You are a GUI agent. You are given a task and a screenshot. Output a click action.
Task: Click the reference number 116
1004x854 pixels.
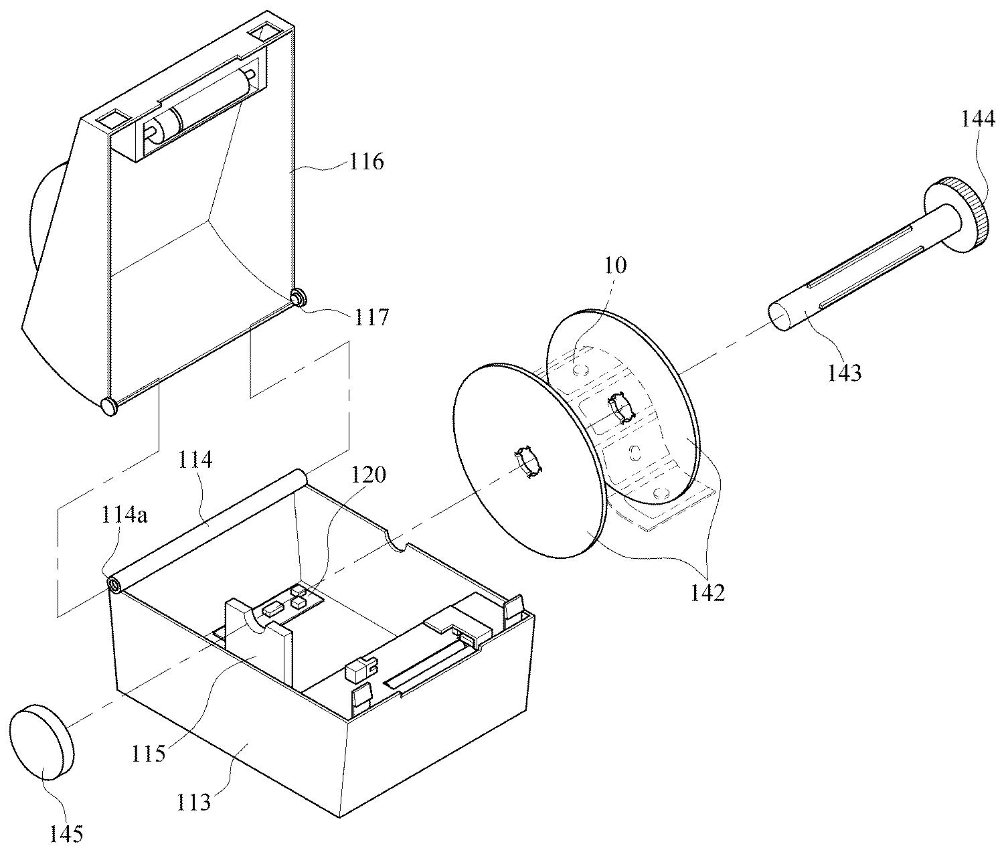[x=366, y=161]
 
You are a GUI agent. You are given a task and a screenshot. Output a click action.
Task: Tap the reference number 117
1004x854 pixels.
[x=371, y=317]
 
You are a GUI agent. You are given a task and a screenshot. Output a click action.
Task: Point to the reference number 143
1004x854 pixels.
[x=845, y=373]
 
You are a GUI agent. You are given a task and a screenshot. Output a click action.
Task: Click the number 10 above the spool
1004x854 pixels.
[x=615, y=265]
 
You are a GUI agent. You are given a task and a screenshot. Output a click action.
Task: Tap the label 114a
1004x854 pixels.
[x=124, y=515]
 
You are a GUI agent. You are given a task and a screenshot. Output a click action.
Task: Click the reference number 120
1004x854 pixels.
[x=368, y=474]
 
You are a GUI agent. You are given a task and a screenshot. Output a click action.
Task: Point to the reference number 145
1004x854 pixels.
[x=66, y=834]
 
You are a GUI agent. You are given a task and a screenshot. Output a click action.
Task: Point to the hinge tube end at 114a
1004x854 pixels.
[x=116, y=584]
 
